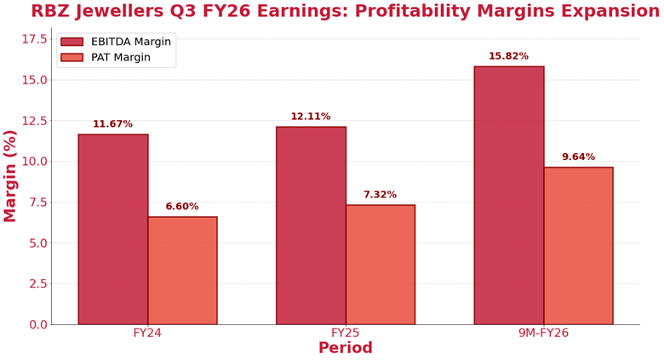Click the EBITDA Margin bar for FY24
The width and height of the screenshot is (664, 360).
[113, 229]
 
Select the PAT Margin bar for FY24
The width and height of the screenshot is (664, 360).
[182, 271]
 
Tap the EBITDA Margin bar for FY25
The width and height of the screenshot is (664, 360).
[311, 226]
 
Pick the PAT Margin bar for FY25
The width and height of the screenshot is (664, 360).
[381, 265]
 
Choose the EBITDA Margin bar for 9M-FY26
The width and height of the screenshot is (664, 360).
[509, 195]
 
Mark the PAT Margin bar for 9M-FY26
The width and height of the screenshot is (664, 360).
[578, 245]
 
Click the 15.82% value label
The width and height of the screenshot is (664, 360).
[508, 56]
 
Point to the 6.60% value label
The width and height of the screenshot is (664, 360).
[182, 207]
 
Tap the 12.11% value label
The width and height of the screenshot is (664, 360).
[311, 117]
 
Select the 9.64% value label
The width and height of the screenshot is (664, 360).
[578, 157]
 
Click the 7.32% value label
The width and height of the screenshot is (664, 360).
[380, 195]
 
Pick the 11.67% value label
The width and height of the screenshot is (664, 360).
[113, 124]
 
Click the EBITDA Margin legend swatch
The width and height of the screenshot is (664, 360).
[72, 42]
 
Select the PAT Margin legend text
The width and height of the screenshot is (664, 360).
[120, 58]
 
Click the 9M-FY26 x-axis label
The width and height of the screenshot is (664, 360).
[543, 333]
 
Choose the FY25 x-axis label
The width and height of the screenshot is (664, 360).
[346, 333]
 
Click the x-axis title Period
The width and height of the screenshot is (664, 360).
[346, 349]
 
